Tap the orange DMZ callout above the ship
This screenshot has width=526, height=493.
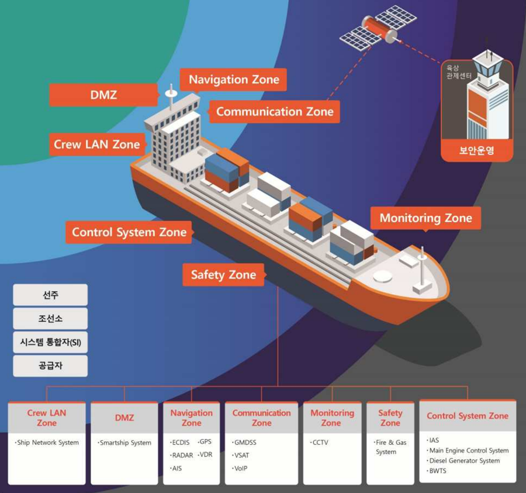pos(103,95)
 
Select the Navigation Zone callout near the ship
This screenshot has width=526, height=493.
pos(234,80)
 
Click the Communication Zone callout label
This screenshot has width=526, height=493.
pos(275,111)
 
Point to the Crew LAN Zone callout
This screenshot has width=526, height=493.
pos(97,144)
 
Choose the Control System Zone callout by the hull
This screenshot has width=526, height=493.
pos(129,232)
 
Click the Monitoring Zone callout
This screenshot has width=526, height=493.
pos(425,218)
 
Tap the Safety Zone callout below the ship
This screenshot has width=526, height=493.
pos(223,274)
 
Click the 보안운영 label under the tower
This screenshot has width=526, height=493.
pos(476,150)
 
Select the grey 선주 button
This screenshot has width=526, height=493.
pos(50,295)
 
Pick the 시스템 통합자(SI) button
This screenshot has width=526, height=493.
pos(50,342)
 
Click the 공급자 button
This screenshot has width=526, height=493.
pos(50,366)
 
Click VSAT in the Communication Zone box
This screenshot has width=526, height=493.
pos(241,456)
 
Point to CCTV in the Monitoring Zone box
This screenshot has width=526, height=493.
pos(320,443)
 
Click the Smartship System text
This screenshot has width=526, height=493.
pos(125,443)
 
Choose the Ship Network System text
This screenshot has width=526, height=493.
pos(47,443)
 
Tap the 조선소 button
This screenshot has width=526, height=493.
pos(50,319)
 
